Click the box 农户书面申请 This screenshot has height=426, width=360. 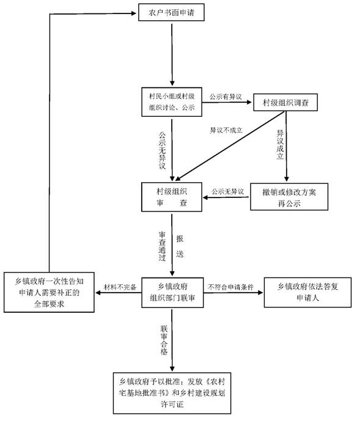click(171, 12)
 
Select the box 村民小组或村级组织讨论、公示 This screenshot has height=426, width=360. click(172, 102)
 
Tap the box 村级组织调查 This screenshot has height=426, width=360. click(285, 103)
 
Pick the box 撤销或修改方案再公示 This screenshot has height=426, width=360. click(289, 197)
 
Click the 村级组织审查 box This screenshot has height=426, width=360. click(172, 197)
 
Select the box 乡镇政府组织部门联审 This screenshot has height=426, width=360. click(172, 293)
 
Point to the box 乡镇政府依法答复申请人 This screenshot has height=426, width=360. click(307, 292)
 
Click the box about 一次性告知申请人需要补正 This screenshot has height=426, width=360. click(49, 292)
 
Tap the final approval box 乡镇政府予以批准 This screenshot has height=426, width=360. click(172, 393)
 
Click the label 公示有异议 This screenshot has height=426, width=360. click(226, 97)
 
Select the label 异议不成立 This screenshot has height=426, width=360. click(226, 130)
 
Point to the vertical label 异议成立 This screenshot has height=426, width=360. click(280, 145)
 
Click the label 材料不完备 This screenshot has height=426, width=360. click(120, 287)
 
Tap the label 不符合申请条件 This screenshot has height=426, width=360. click(230, 287)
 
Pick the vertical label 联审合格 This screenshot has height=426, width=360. click(164, 340)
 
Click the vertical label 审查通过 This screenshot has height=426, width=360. click(162, 246)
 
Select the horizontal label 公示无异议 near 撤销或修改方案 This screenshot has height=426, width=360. click(228, 192)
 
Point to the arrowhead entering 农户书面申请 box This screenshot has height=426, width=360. click(134, 13)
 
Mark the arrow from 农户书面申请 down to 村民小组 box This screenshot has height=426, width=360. click(172, 54)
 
